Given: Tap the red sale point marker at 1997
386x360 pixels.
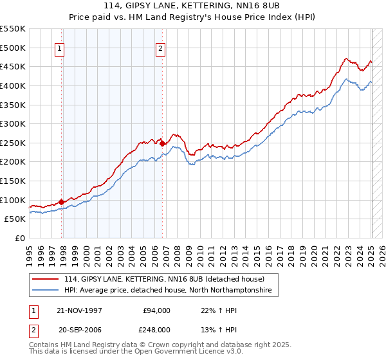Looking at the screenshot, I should [x=62, y=202].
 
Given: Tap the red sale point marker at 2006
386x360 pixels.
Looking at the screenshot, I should [x=162, y=143].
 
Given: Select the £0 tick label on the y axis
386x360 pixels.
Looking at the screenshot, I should [x=19, y=238].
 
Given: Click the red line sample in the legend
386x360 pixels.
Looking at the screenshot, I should [x=46, y=279].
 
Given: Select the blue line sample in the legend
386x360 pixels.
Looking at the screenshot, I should [x=46, y=291].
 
